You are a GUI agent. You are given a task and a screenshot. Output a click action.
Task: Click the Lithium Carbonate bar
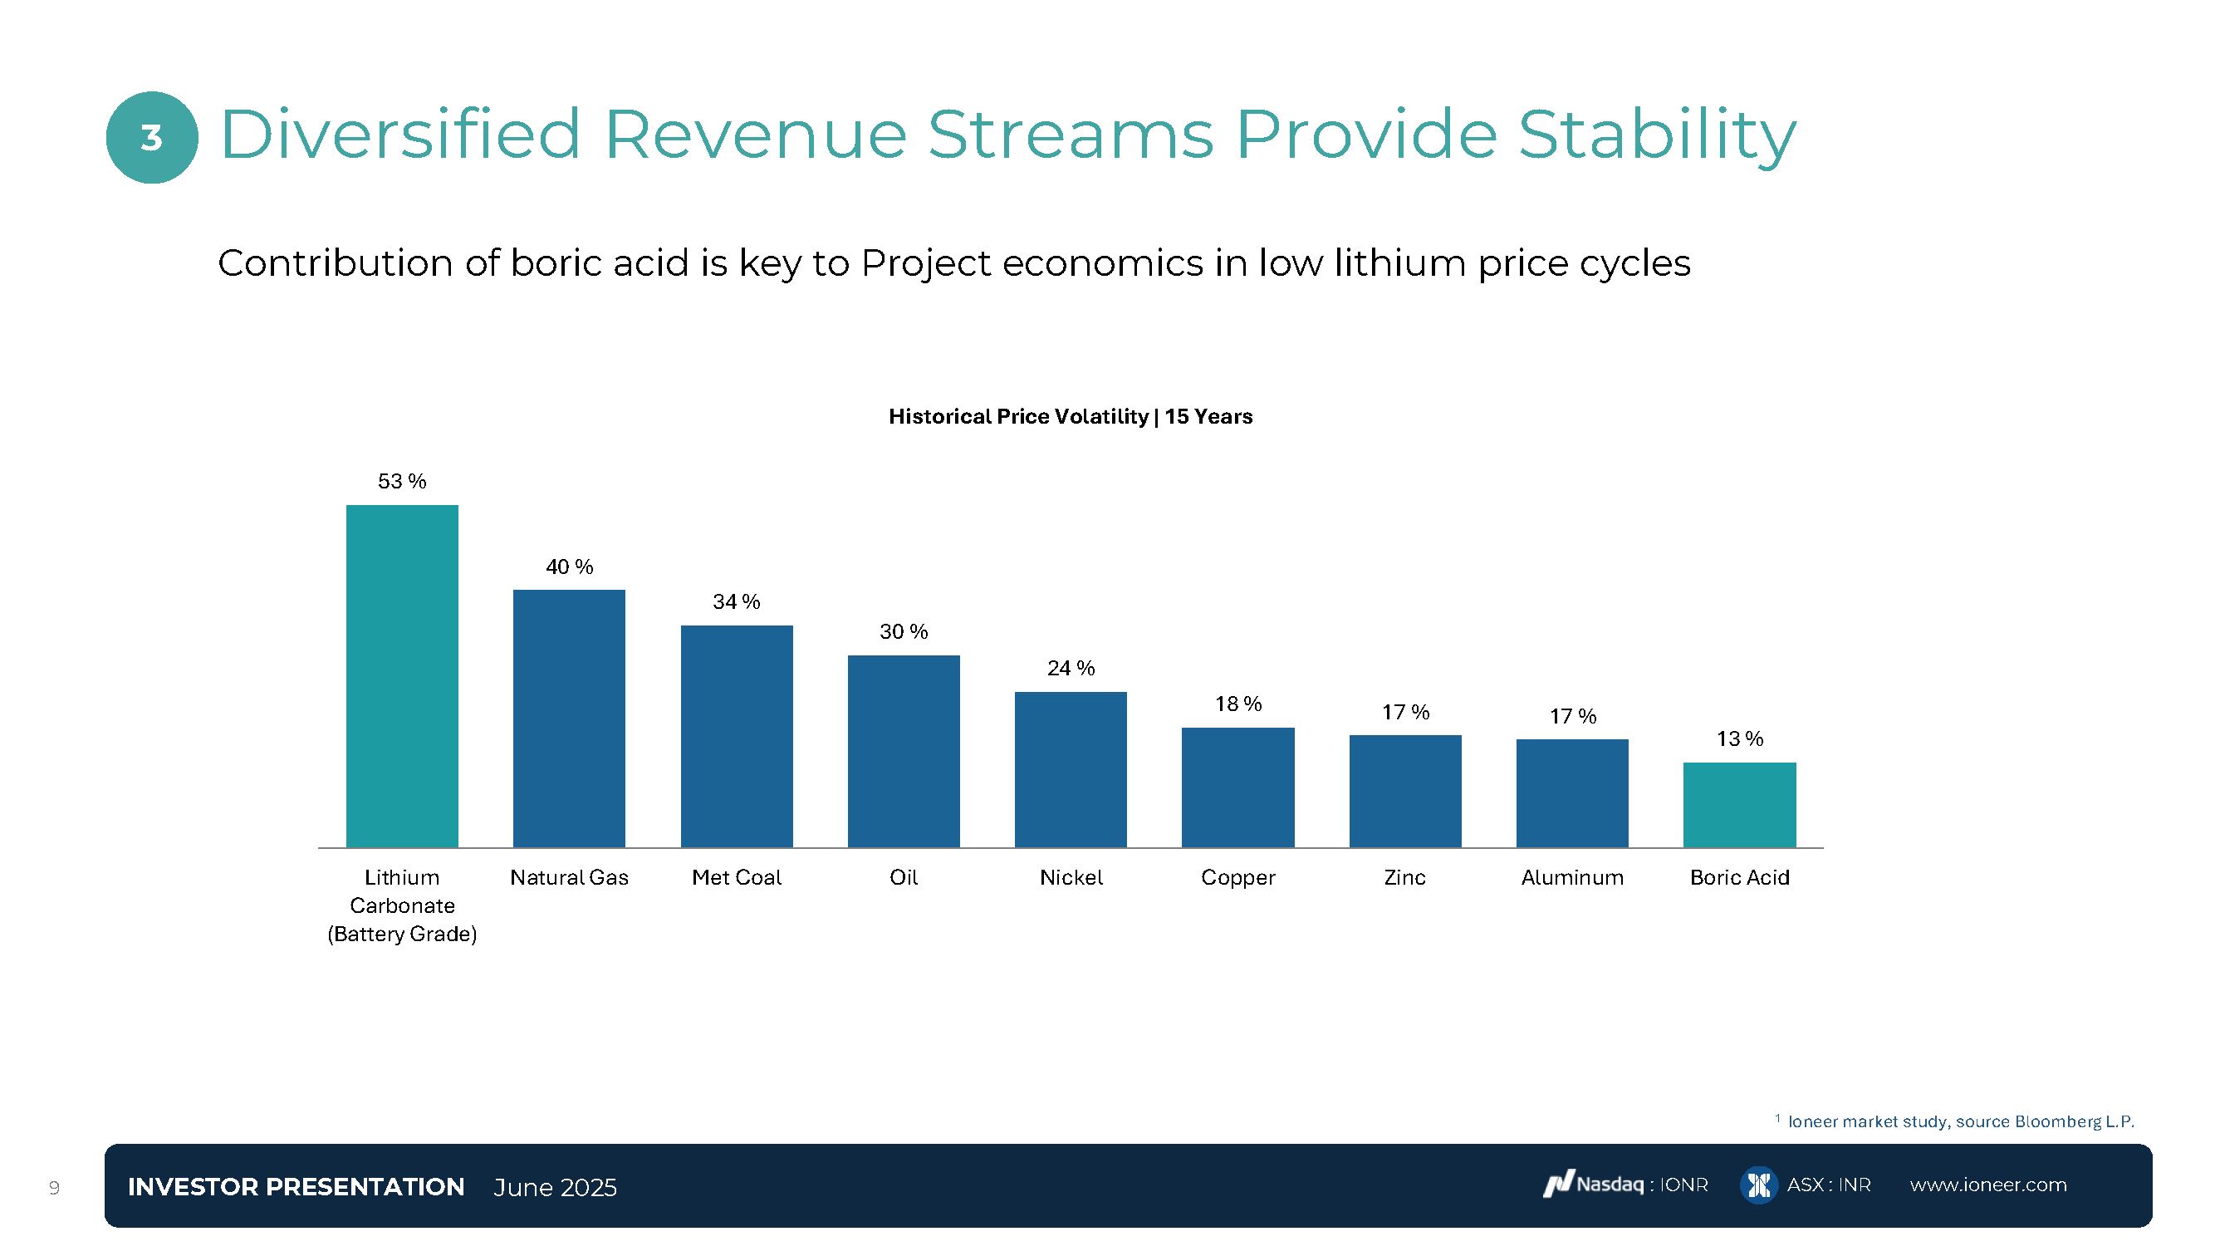click(401, 676)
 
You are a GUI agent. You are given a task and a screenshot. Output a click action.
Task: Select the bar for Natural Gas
click(569, 719)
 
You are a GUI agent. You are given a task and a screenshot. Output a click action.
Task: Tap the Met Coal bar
click(737, 736)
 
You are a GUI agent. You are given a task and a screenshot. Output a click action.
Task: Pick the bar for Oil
click(904, 752)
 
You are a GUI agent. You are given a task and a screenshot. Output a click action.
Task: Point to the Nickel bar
click(1071, 770)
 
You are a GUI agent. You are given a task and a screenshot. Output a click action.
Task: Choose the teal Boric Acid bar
click(1739, 805)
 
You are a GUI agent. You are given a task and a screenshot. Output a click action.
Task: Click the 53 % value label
click(401, 482)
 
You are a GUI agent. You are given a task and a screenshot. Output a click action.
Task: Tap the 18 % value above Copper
click(1238, 704)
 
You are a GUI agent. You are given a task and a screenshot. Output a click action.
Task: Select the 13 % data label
click(1739, 738)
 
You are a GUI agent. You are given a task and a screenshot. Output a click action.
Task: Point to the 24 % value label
click(1071, 668)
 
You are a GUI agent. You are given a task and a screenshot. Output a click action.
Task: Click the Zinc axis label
click(1405, 878)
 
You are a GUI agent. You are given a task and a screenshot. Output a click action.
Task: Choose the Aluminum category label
click(1572, 878)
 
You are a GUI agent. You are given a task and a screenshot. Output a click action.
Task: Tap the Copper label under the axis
click(1238, 878)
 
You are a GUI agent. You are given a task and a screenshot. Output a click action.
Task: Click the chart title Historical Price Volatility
click(1070, 417)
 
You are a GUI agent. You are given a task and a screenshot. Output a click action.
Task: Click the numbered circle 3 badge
click(152, 138)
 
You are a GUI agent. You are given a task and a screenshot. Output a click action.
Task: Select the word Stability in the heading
click(1657, 135)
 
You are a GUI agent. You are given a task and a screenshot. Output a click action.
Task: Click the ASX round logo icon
click(1758, 1185)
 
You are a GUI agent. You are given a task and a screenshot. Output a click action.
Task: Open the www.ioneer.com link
click(1988, 1185)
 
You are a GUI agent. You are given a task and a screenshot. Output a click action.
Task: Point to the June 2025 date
click(555, 1188)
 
